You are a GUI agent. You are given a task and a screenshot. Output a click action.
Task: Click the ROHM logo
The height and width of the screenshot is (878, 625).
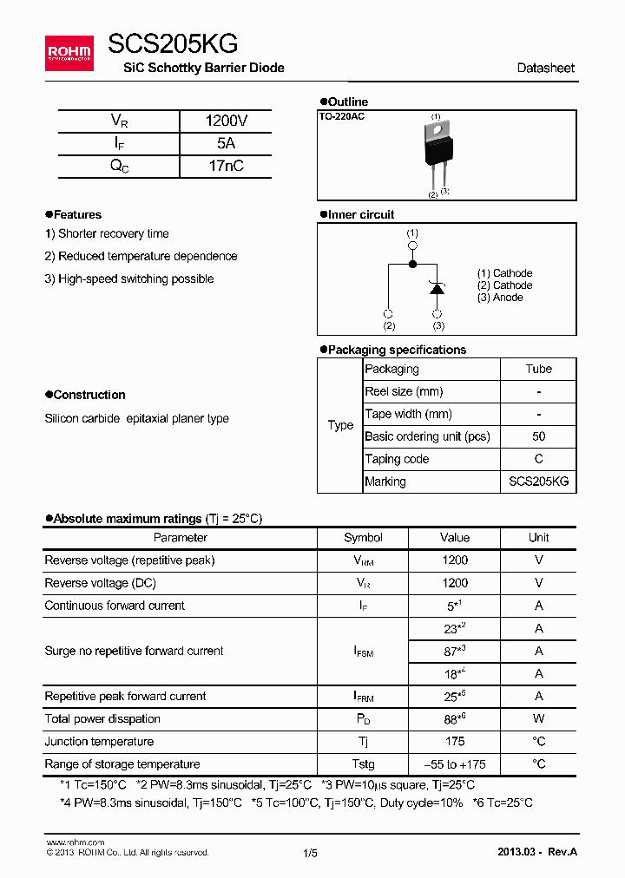(69, 52)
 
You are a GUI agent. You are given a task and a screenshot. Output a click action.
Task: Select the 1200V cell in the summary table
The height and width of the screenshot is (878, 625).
(226, 121)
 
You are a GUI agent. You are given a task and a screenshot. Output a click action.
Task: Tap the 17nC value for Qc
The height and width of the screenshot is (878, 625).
(226, 167)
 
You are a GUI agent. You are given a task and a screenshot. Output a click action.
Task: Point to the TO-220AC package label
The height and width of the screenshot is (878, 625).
(342, 116)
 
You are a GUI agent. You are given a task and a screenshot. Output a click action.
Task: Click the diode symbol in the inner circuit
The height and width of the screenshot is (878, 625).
(437, 289)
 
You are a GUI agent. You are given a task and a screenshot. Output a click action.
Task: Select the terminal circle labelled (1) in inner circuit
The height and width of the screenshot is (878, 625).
(412, 246)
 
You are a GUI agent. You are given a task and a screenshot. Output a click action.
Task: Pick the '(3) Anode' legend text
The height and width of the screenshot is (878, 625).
(500, 298)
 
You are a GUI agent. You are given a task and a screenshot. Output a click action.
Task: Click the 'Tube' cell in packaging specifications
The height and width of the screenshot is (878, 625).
(538, 369)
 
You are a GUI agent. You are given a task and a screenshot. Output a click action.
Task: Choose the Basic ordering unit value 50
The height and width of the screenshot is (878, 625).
(538, 436)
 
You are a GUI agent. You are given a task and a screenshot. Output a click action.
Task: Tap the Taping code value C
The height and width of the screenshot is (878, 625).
(538, 459)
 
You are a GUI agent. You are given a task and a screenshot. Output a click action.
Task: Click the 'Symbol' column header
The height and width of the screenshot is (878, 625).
(363, 538)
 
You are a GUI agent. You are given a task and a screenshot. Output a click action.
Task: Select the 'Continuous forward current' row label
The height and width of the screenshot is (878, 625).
(115, 606)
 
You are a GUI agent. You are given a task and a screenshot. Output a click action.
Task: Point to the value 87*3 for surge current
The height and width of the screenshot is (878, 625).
(454, 651)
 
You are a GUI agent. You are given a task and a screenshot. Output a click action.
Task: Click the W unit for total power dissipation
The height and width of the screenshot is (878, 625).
(538, 718)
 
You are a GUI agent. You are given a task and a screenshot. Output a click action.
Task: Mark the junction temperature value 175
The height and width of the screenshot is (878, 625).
(454, 741)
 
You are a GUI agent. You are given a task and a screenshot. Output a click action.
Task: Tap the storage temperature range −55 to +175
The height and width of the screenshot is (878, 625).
(454, 763)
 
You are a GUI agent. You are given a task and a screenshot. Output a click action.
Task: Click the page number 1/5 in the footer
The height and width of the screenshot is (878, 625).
(311, 853)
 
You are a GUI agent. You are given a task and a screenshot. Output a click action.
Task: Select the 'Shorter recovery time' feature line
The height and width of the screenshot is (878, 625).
(107, 233)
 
